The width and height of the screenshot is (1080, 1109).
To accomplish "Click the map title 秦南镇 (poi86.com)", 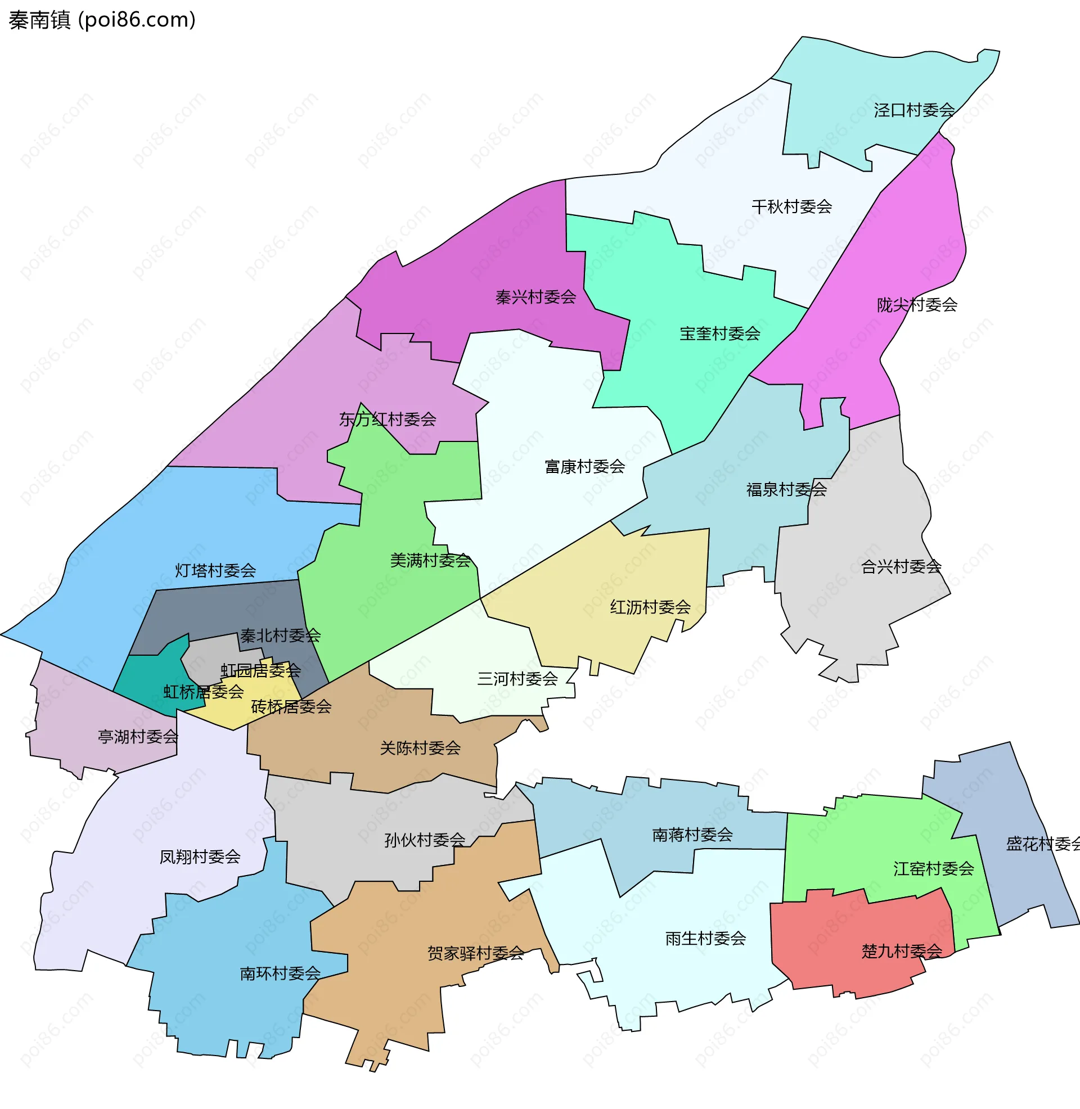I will (x=102, y=20).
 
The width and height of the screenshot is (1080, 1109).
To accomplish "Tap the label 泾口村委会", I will (x=914, y=110).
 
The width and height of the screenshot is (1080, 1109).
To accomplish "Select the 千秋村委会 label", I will (x=791, y=207).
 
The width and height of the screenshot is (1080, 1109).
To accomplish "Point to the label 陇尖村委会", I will (x=917, y=305).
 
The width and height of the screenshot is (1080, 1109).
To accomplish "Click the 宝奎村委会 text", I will (x=720, y=333).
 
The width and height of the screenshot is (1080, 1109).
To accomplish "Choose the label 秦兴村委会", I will (x=535, y=297).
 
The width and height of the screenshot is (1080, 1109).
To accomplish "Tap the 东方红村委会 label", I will (x=388, y=420).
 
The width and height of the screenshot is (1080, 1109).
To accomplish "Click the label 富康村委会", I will (x=584, y=467).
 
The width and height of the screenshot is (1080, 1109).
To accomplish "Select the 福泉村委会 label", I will (x=786, y=489).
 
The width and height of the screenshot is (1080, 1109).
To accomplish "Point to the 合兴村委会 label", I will (x=901, y=566).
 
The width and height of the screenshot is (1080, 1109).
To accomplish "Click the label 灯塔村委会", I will (x=215, y=570).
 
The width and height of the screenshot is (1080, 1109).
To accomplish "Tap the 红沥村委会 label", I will (x=650, y=607).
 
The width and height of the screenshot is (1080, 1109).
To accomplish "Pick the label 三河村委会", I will (x=517, y=679).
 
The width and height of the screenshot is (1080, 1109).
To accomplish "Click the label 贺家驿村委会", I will (x=475, y=953).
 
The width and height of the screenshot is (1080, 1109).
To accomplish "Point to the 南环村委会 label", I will (x=280, y=973).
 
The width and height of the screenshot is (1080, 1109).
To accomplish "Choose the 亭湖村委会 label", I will (x=138, y=737).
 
